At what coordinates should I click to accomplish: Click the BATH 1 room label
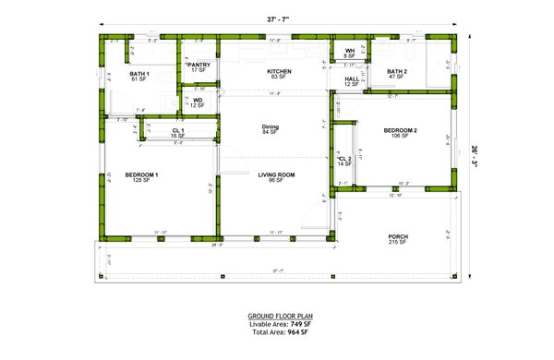[x=139, y=73]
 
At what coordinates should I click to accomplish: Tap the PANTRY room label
[x=199, y=65]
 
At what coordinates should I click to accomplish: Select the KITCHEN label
[x=279, y=71]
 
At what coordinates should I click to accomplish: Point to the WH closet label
[x=350, y=51]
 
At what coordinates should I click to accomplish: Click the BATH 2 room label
[x=396, y=71]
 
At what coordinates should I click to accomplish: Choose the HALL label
[x=352, y=79]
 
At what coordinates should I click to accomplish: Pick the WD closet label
[x=198, y=100]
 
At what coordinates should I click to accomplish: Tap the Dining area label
[x=271, y=126]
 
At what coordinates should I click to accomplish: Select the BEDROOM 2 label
[x=401, y=130]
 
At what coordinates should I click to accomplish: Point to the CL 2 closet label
[x=344, y=159]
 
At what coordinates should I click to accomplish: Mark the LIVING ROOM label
[x=274, y=174]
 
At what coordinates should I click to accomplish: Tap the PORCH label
[x=398, y=236]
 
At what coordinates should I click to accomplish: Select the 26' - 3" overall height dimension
[x=474, y=153]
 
